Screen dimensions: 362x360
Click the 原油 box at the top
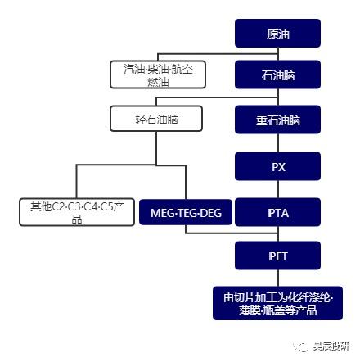[277, 34]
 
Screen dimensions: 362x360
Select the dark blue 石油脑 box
[277, 75]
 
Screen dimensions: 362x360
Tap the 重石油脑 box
[277, 120]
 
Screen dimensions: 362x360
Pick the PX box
[277, 165]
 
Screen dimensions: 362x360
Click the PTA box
[277, 213]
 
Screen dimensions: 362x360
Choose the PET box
[277, 256]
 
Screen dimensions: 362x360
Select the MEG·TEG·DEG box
[187, 213]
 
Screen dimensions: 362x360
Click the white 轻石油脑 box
[156, 120]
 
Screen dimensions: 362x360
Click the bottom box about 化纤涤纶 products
[277, 301]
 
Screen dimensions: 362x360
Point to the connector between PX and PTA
[277, 189]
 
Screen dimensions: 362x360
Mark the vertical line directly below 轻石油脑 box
[156, 147]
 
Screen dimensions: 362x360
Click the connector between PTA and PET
[277, 235]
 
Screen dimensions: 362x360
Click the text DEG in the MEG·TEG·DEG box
[212, 213]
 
